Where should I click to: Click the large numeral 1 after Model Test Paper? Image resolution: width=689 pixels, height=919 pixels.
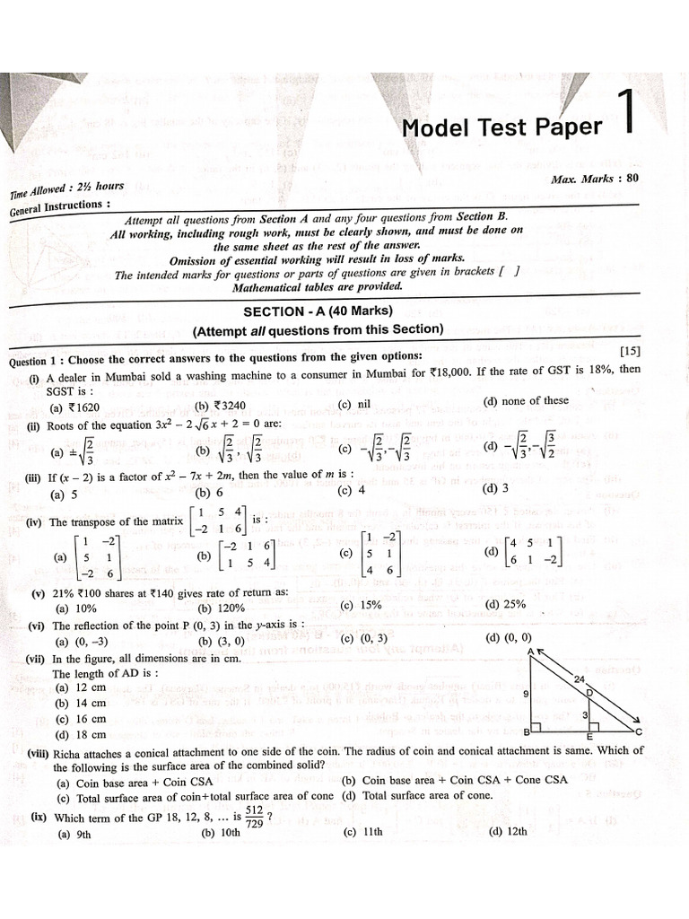[628, 113]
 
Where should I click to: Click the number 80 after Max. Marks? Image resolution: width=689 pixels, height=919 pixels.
[632, 178]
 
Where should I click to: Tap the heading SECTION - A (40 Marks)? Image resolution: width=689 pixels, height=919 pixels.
[319, 311]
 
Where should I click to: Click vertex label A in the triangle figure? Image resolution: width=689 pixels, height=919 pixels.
[531, 652]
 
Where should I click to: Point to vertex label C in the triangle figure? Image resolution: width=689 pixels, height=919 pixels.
[640, 732]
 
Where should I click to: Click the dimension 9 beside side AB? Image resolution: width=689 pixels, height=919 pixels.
[526, 694]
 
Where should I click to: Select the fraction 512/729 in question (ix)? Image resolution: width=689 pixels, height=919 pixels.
[254, 816]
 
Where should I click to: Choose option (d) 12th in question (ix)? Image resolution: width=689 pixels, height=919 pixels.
[508, 831]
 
